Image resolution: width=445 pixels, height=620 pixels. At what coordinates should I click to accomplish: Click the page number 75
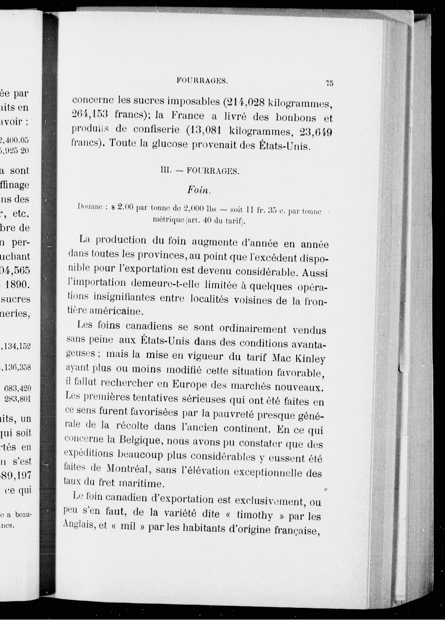point(329,83)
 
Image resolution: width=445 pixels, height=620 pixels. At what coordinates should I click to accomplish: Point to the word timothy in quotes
point(255,515)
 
